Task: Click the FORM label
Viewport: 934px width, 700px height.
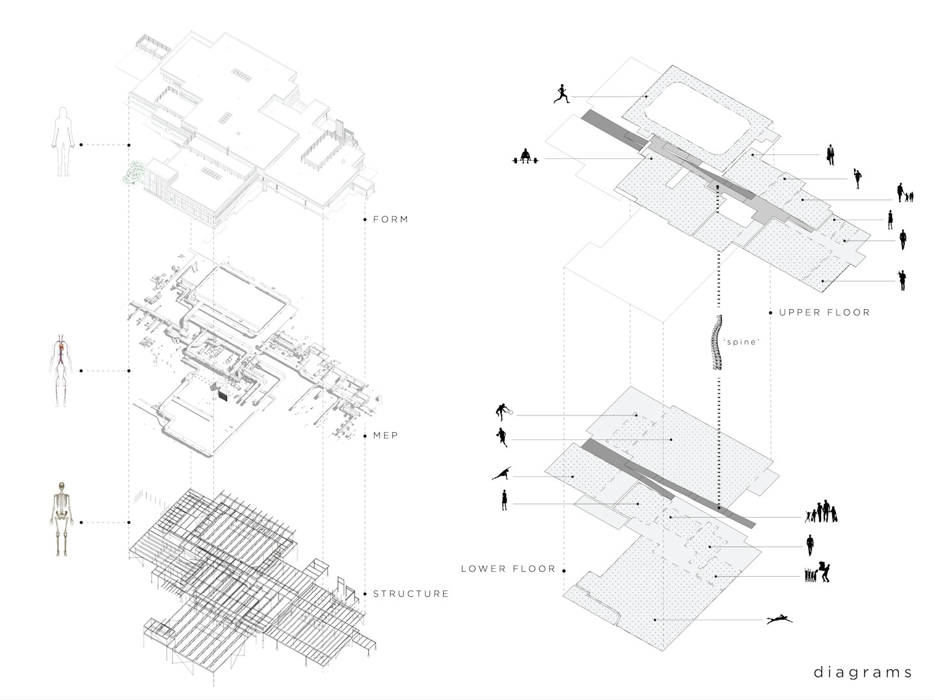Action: pos(390,220)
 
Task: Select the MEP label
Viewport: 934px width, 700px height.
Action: pos(385,436)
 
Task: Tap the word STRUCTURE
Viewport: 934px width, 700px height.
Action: pos(411,594)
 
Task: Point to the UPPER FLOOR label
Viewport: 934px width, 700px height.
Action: pos(824,312)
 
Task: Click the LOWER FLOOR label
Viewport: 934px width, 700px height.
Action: pos(508,569)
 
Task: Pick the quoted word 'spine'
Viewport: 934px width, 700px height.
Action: pos(741,342)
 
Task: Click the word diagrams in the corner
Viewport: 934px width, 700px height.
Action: pos(863,672)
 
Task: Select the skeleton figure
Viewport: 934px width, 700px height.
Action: pos(61,518)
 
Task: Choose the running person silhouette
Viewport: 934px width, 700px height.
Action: pos(562,94)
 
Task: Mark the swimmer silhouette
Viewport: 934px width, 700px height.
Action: pos(779,620)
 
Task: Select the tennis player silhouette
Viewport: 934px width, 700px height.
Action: pos(503,411)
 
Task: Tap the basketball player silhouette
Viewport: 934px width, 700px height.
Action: pos(501,437)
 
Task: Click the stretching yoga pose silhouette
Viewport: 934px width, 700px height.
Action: pos(502,474)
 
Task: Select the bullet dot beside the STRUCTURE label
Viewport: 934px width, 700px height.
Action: pos(365,594)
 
